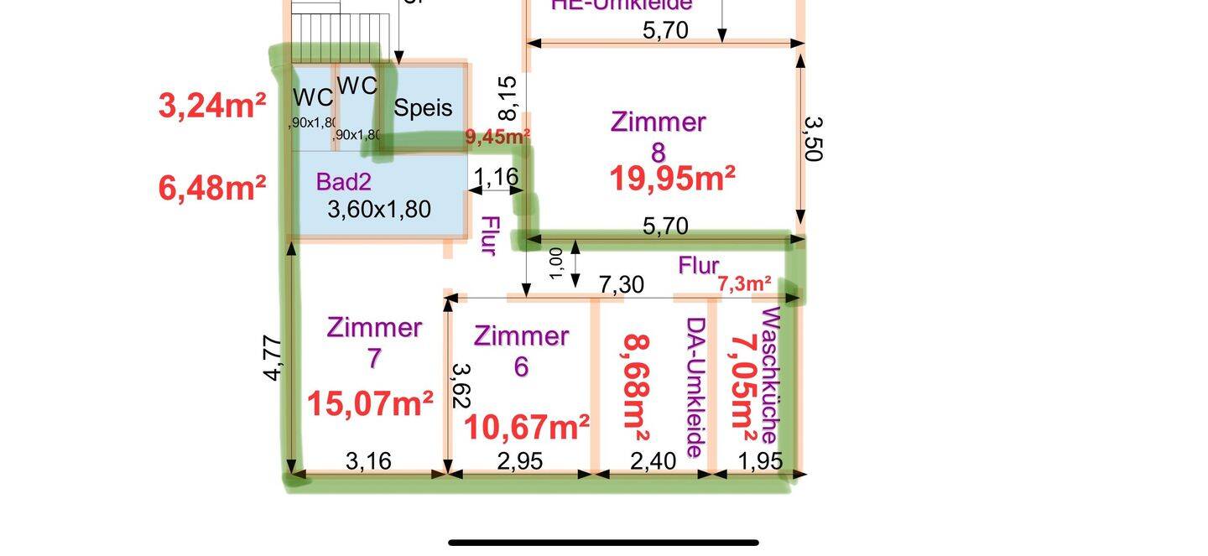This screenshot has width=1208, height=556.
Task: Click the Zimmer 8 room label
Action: (x=659, y=136)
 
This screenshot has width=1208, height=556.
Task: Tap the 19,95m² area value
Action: (x=672, y=179)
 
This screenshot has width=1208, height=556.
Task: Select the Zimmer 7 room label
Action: (x=374, y=341)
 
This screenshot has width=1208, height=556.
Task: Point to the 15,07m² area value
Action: (x=370, y=404)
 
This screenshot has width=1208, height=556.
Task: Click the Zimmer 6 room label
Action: (x=521, y=351)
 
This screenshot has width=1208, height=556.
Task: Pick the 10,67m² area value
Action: (x=526, y=428)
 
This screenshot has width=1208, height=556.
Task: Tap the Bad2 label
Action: (x=343, y=181)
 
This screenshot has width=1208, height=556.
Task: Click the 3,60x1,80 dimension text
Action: (x=379, y=209)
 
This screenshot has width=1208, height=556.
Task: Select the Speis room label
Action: (x=423, y=108)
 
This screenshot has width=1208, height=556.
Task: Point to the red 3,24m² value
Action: (x=212, y=107)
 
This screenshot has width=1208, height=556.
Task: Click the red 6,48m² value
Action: (x=212, y=188)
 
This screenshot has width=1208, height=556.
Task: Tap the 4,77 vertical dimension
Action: (x=273, y=359)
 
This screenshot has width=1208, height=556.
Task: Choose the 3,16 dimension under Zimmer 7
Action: (x=369, y=461)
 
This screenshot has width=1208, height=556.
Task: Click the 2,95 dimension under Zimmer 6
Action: (x=520, y=461)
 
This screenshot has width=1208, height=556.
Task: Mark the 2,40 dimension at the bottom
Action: (x=653, y=461)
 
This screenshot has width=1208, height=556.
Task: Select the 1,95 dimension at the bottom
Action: (x=760, y=461)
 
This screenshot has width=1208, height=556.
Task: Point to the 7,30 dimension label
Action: (x=621, y=285)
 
